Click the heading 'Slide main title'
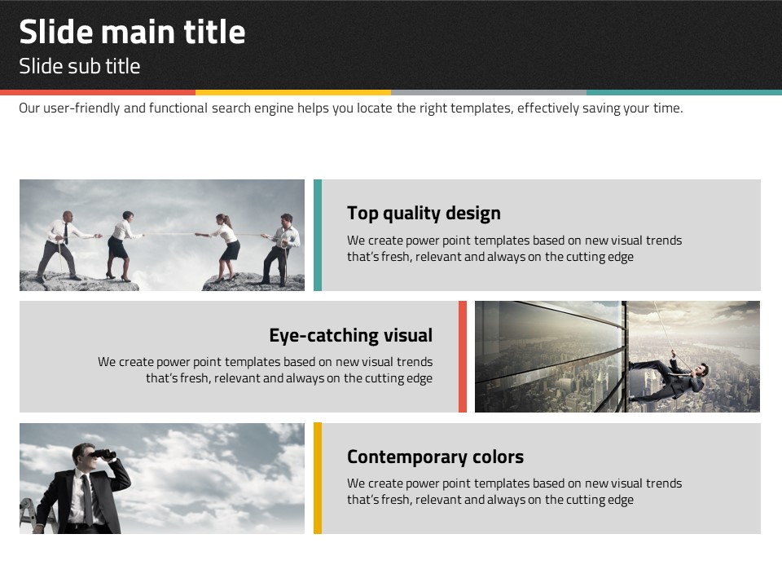point(132,32)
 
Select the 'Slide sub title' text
point(80,66)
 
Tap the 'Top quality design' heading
point(424,213)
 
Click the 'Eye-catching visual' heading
point(350,335)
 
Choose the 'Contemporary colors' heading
point(435,457)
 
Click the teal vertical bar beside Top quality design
point(318,235)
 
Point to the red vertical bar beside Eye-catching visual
point(463,356)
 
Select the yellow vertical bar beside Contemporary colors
point(318,479)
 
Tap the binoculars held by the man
point(105,454)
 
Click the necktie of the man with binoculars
point(88,499)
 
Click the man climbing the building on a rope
point(670,379)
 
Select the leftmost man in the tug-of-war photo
point(62,246)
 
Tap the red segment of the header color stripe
point(98,92)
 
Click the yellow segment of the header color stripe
point(293,92)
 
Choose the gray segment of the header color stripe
point(489,92)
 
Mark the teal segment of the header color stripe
point(684,92)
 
